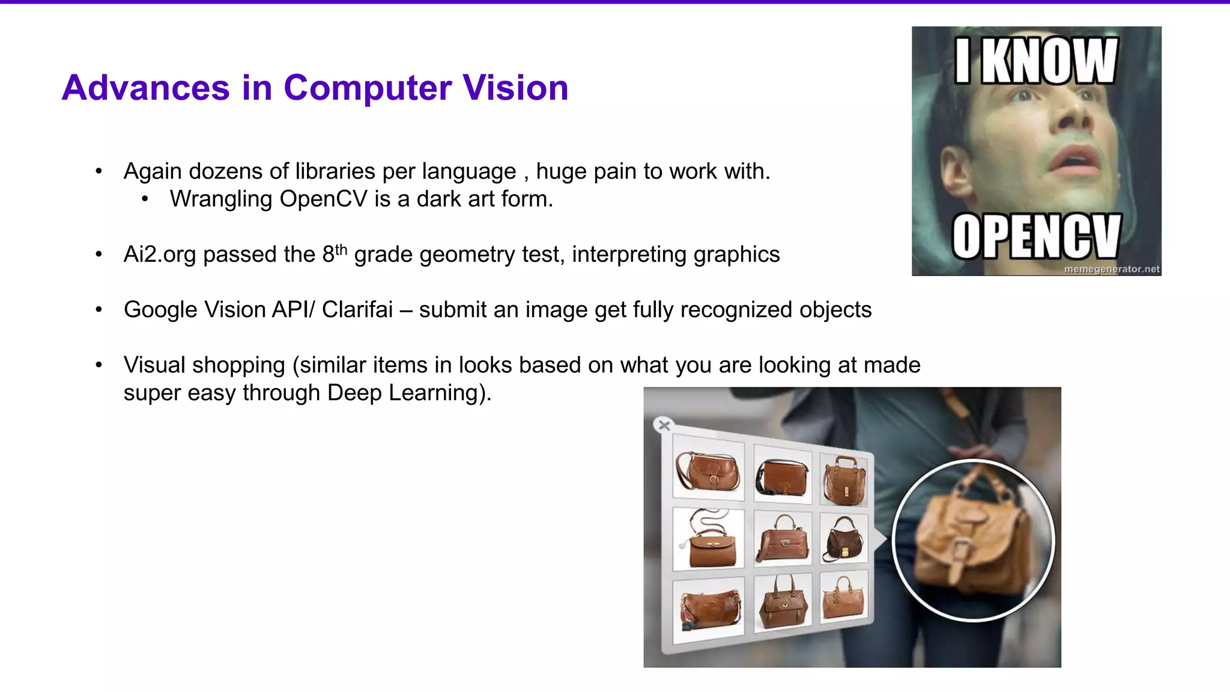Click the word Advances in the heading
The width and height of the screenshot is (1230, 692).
pos(145,88)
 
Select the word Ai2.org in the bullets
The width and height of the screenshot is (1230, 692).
pos(160,255)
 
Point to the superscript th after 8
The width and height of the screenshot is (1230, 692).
pos(341,249)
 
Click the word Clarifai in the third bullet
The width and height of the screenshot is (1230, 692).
pos(357,310)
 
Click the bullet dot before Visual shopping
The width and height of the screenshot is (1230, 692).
pos(99,365)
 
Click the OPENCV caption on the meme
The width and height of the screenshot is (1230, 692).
pos(1036,237)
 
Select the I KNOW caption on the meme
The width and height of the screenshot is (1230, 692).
pos(1036,61)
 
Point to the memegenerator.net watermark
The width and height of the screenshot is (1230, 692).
pos(1111,269)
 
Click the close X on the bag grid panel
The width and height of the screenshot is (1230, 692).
pos(664,425)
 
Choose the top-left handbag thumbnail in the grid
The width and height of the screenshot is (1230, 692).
pos(708,471)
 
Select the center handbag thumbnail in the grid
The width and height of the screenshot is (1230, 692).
pos(782,538)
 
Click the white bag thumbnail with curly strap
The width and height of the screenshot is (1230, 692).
pos(709,538)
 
